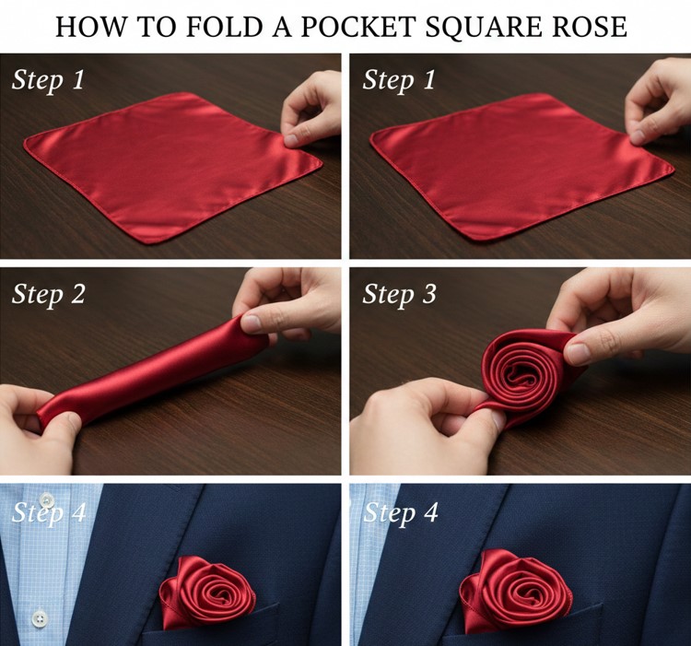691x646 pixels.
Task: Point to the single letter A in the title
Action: pos(282,27)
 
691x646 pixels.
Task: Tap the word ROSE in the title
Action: pos(590,27)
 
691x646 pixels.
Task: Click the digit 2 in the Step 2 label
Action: pos(76,294)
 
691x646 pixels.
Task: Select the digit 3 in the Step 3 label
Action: pos(427,294)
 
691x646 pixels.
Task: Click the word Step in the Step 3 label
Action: pos(388,295)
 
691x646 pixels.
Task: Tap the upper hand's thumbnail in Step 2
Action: pos(252,323)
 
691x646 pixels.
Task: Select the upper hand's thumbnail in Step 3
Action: pos(579,353)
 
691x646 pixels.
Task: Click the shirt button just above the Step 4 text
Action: pos(47,499)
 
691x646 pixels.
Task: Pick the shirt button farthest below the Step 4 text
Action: pos(40,617)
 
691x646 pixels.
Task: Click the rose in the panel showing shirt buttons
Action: pos(207,592)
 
